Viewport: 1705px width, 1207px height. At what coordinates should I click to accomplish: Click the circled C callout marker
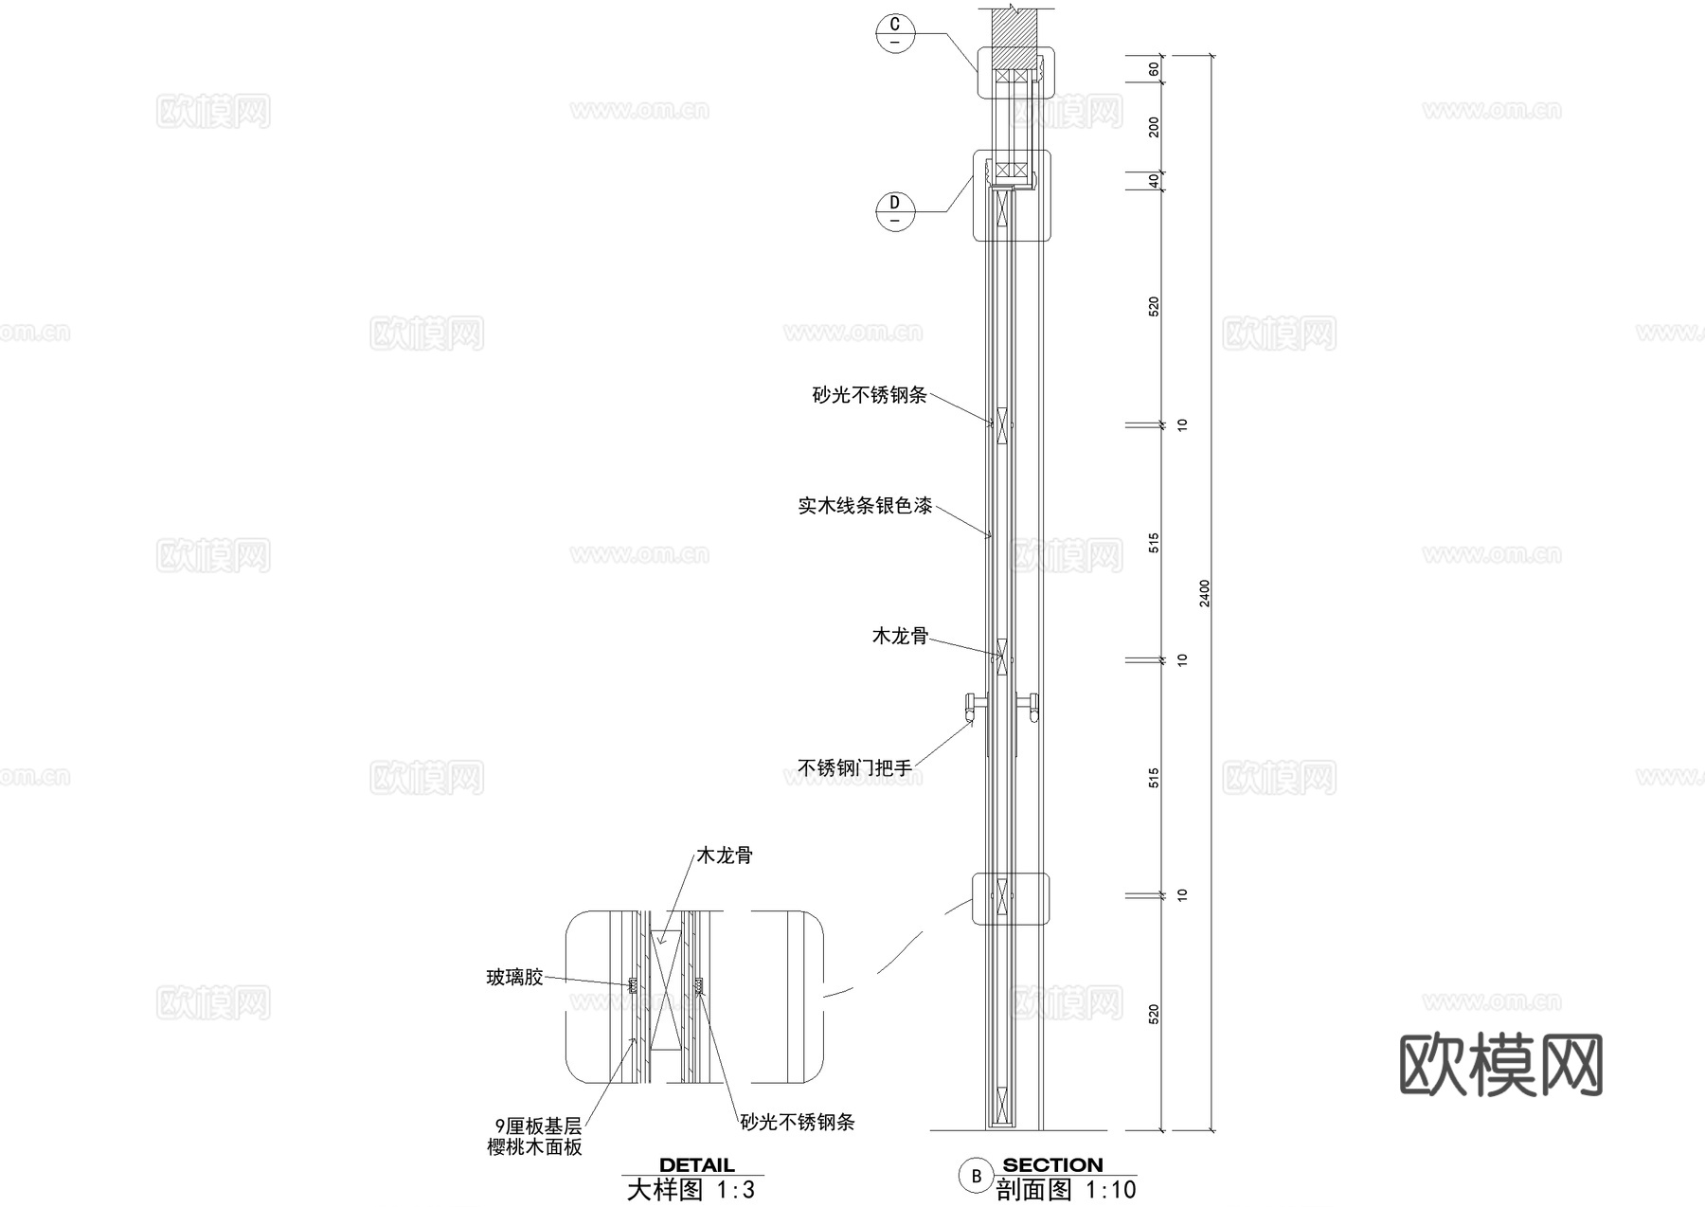pyautogui.click(x=895, y=33)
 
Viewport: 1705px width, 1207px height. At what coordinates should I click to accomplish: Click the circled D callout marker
pyautogui.click(x=895, y=210)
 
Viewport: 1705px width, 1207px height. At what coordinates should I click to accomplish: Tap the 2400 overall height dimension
pyautogui.click(x=1205, y=593)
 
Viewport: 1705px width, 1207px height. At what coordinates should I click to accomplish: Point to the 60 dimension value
pyautogui.click(x=1154, y=69)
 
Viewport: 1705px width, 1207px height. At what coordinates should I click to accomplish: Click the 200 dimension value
pyautogui.click(x=1154, y=127)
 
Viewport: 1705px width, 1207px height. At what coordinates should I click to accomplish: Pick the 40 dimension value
pyautogui.click(x=1154, y=180)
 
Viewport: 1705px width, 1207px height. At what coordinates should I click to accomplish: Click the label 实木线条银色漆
pyautogui.click(x=865, y=506)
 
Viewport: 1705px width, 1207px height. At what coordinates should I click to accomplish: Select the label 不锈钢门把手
pyautogui.click(x=854, y=768)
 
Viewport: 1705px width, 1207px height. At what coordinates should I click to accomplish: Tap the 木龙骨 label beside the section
pyautogui.click(x=900, y=636)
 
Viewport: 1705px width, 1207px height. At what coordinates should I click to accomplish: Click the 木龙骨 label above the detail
pyautogui.click(x=725, y=856)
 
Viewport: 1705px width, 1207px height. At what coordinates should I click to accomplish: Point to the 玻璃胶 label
pyautogui.click(x=514, y=977)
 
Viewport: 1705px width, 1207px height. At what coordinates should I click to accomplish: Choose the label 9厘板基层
pyautogui.click(x=538, y=1126)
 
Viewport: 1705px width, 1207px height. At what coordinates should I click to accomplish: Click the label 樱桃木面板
pyautogui.click(x=534, y=1147)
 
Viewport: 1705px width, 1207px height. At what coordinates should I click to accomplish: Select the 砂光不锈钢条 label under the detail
pyautogui.click(x=798, y=1123)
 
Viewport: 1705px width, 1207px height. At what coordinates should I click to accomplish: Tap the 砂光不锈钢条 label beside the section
pyautogui.click(x=870, y=395)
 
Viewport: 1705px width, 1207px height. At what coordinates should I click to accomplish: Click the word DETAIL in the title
pyautogui.click(x=696, y=1165)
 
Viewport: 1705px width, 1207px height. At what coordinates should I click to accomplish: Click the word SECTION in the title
pyautogui.click(x=1052, y=1164)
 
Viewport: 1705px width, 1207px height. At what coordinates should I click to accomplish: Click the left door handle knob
pyautogui.click(x=971, y=703)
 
